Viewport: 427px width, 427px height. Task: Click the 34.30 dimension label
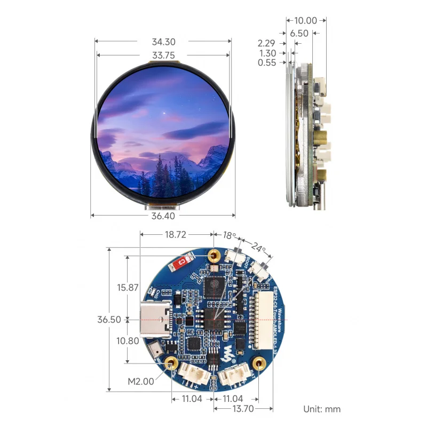164,42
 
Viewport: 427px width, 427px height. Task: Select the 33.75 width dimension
164,55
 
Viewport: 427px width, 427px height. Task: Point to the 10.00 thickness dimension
305,21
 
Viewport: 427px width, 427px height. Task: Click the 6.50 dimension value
299,33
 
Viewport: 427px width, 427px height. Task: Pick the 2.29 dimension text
266,43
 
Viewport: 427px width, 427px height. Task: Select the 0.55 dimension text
266,62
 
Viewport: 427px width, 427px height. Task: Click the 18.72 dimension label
177,235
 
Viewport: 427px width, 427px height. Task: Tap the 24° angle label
258,248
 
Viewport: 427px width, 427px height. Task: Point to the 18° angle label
230,235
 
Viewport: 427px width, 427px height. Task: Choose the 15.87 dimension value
128,287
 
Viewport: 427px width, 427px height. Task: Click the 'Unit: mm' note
322,409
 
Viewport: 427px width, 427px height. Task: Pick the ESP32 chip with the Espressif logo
217,286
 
